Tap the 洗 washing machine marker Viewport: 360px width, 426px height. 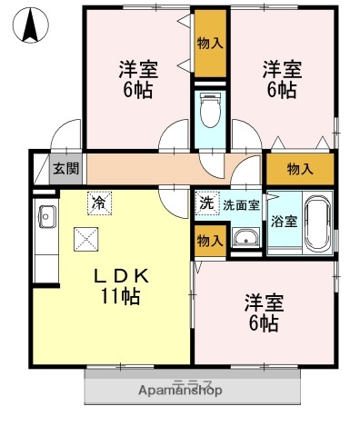point(207,203)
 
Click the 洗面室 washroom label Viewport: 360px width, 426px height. point(241,203)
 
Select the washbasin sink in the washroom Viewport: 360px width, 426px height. point(243,239)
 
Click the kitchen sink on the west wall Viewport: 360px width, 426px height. point(46,217)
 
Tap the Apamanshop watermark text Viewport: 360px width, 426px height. point(182,390)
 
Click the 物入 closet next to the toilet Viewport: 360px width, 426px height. point(210,43)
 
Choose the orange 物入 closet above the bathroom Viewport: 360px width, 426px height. point(299,168)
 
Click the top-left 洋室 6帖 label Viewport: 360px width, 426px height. point(138,79)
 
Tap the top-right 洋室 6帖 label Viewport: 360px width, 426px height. point(281,79)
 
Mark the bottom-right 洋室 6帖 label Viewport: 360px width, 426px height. point(260,311)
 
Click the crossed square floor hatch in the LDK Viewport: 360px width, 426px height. point(88,239)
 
